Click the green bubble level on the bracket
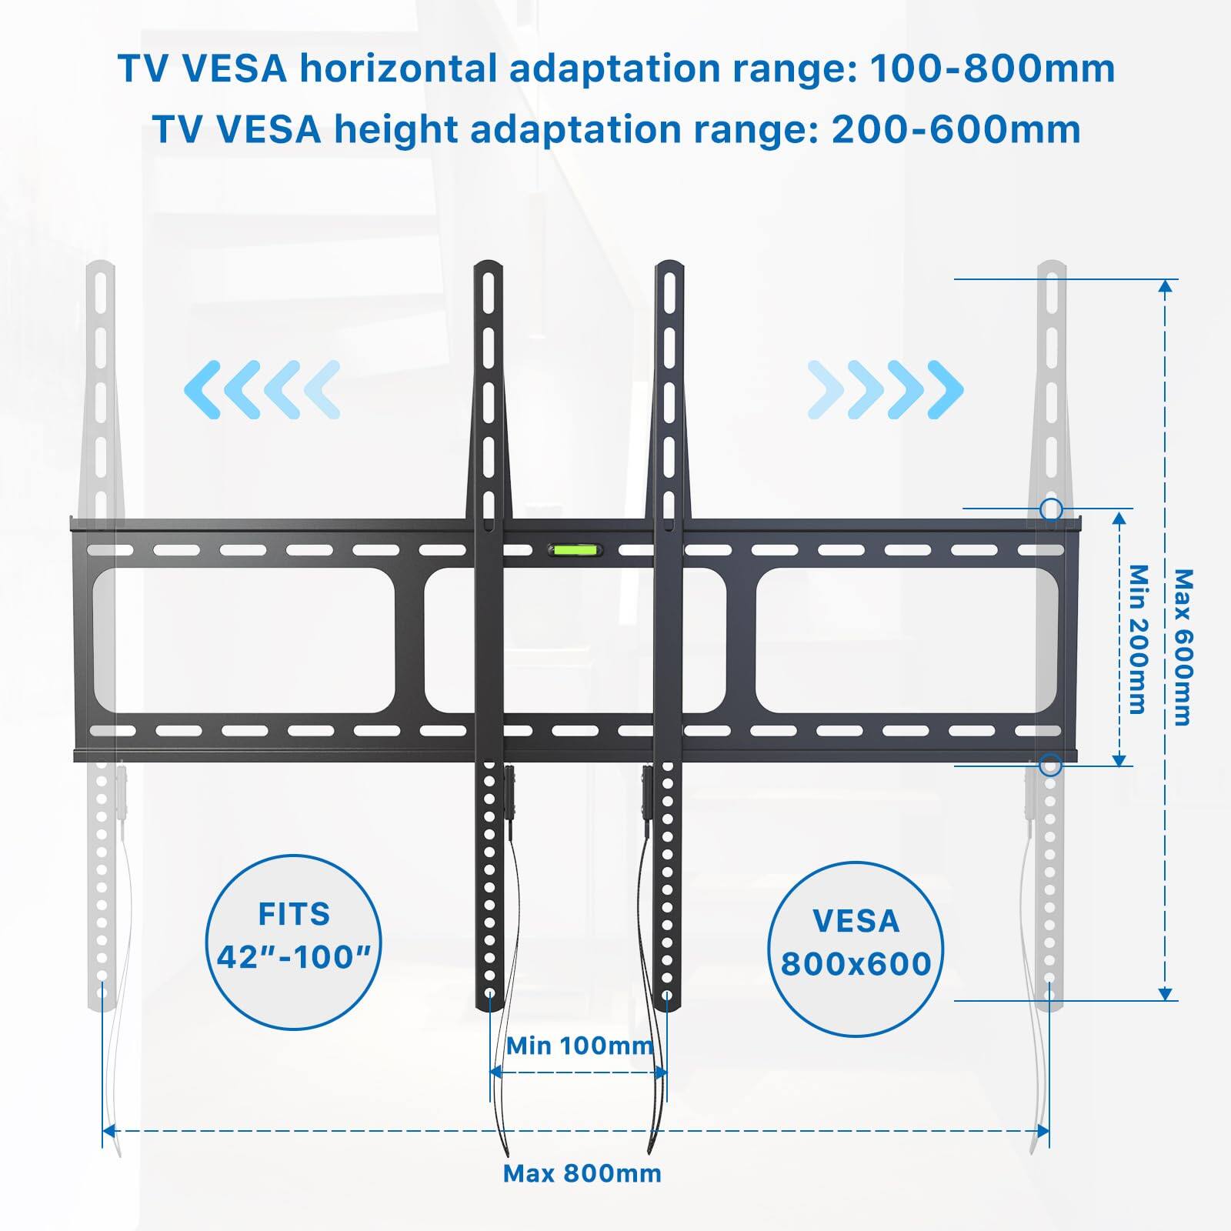coord(575,550)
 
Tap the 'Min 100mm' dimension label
coord(579,1046)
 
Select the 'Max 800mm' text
coord(582,1173)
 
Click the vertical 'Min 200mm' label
coord(1138,639)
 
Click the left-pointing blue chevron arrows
coord(262,389)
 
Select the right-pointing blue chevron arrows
coord(885,389)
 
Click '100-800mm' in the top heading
coord(992,69)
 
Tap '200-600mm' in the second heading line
coord(956,129)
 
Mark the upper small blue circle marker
coord(1051,509)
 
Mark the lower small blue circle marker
coord(1050,766)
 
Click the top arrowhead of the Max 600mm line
coord(1166,287)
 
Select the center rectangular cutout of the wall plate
coord(575,640)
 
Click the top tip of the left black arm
coord(488,265)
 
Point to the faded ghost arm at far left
coord(101,615)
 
